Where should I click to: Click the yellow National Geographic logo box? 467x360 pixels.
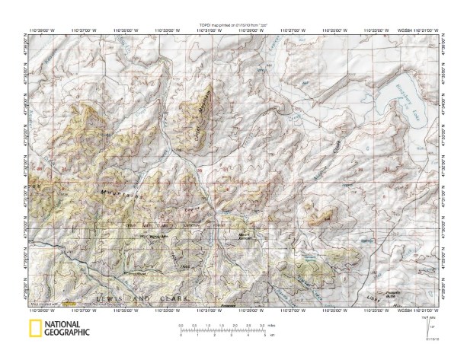coord(35,329)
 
